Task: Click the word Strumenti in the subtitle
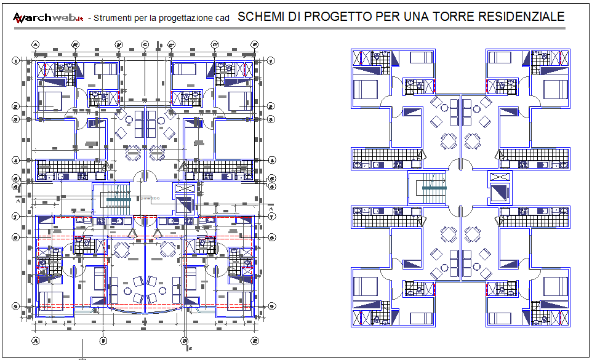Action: click(110, 18)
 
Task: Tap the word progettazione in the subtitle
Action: click(183, 18)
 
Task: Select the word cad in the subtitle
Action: click(223, 18)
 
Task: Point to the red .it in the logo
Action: click(80, 18)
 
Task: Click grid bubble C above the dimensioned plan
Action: click(145, 44)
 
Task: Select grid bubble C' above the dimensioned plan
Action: click(172, 44)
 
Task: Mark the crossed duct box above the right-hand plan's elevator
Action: click(498, 177)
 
